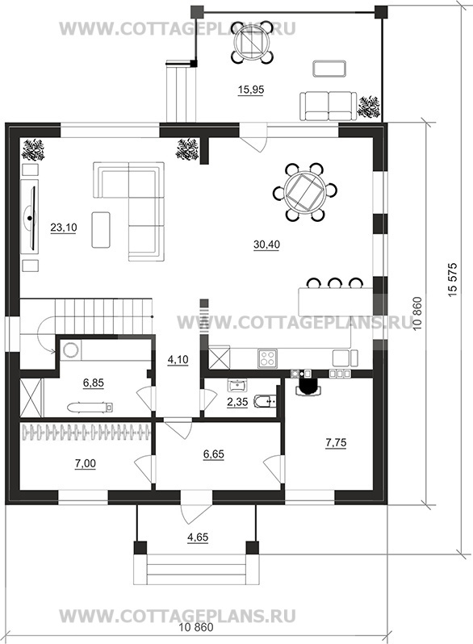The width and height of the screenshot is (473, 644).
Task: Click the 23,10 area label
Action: pyautogui.click(x=63, y=227)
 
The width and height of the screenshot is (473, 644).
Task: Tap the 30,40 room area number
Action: pyautogui.click(x=266, y=245)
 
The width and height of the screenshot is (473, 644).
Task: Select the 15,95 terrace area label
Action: pyautogui.click(x=251, y=90)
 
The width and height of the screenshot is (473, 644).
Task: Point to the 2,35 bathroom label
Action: pyautogui.click(x=237, y=402)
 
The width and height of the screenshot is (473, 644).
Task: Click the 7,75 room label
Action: pyautogui.click(x=336, y=443)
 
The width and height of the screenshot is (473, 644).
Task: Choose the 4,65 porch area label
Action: pyautogui.click(x=198, y=537)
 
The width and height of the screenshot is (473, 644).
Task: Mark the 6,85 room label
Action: pyautogui.click(x=94, y=383)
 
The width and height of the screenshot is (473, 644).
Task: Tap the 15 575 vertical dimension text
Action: pyautogui.click(x=454, y=279)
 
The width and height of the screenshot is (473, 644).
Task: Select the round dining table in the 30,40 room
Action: pyautogui.click(x=305, y=192)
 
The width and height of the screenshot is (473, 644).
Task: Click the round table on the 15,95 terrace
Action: pyautogui.click(x=252, y=42)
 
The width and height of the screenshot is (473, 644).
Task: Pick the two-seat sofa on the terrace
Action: pyautogui.click(x=328, y=106)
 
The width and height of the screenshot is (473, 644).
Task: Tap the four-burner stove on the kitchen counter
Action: pyautogui.click(x=267, y=358)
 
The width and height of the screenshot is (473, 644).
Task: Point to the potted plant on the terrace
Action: pyautogui.click(x=369, y=107)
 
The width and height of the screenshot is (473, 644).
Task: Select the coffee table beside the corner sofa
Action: pyautogui.click(x=101, y=229)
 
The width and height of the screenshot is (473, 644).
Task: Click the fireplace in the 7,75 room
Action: pyautogui.click(x=308, y=386)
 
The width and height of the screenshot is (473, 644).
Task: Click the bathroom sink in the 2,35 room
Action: pyautogui.click(x=236, y=385)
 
